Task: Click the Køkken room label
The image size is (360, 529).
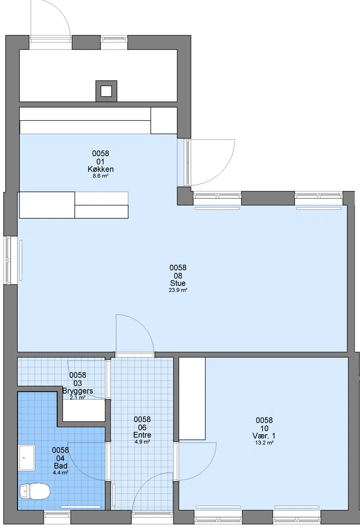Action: (100, 169)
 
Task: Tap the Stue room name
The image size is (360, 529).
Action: (178, 283)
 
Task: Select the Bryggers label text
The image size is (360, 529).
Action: (78, 391)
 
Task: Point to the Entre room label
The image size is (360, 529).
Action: (142, 435)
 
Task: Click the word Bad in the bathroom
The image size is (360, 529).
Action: (61, 466)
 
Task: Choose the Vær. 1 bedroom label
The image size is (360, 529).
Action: (265, 436)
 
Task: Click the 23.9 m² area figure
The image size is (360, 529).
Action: (178, 290)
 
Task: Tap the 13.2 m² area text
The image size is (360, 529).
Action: (264, 443)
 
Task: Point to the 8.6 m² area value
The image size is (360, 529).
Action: (100, 176)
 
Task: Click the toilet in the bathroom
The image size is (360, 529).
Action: (34, 491)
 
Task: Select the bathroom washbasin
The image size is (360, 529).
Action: (27, 457)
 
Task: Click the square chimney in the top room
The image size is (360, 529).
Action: (107, 91)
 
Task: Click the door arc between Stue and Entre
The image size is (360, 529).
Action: (144, 326)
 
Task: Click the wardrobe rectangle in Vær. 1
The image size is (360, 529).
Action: (192, 398)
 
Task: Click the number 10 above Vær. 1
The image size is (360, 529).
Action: (264, 428)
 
